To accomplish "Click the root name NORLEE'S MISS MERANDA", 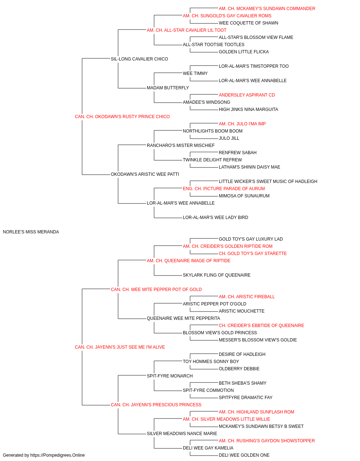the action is (x=31, y=232).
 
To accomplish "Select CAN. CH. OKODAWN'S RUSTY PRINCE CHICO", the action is (x=122, y=117).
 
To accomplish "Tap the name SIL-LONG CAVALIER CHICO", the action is (x=139, y=59).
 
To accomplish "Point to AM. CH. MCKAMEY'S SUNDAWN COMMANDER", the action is (x=267, y=9).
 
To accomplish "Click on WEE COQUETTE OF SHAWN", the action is (x=248, y=23).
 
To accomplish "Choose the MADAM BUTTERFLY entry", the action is (x=168, y=88).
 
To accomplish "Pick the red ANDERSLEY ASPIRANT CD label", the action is (x=247, y=95).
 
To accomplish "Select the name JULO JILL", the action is (x=229, y=138).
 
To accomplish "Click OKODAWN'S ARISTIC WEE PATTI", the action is (x=145, y=174).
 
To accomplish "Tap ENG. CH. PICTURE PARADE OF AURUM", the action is (x=224, y=189).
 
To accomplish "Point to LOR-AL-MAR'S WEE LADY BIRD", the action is (x=215, y=218).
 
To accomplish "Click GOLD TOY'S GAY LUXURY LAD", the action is (x=251, y=239).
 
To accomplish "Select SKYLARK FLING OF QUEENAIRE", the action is (x=217, y=275).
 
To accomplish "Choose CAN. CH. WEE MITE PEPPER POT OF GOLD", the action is (x=156, y=290).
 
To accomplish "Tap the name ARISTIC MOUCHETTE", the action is (x=242, y=311).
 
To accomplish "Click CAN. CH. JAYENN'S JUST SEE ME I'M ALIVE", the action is (x=120, y=347).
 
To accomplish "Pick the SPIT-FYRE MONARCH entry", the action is (x=170, y=376).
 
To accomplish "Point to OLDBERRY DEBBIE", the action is (x=239, y=369).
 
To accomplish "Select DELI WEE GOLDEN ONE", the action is (x=244, y=455).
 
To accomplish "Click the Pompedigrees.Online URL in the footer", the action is (x=57, y=455).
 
